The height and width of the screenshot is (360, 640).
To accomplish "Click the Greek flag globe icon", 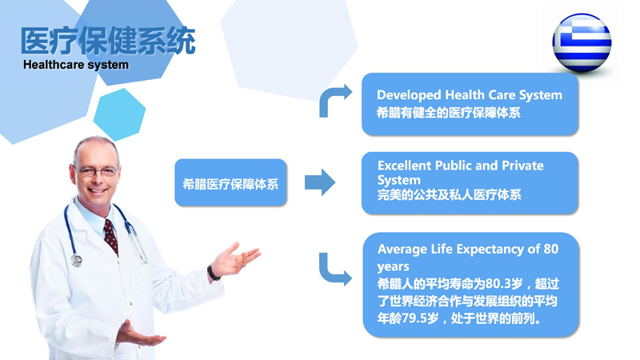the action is click(x=582, y=43).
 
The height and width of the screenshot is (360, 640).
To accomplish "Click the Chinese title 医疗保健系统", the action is click(x=108, y=41).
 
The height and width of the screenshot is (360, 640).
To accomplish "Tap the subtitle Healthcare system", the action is click(x=76, y=65).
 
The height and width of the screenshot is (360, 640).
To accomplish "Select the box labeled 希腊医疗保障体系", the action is click(x=230, y=182).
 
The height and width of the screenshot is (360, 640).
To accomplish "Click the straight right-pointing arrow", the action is click(x=320, y=182).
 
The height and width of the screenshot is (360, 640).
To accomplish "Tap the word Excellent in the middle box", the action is click(x=404, y=166).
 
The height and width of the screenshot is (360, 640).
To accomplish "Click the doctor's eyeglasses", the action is click(x=97, y=171).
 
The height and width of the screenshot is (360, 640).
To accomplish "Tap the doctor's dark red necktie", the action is click(x=111, y=236).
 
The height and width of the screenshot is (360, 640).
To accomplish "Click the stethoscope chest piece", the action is click(x=76, y=260).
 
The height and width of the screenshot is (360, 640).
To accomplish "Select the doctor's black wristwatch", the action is click(x=213, y=273).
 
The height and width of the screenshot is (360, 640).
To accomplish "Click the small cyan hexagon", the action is click(x=119, y=114).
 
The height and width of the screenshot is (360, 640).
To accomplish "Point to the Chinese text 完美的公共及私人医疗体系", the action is click(x=449, y=194).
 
